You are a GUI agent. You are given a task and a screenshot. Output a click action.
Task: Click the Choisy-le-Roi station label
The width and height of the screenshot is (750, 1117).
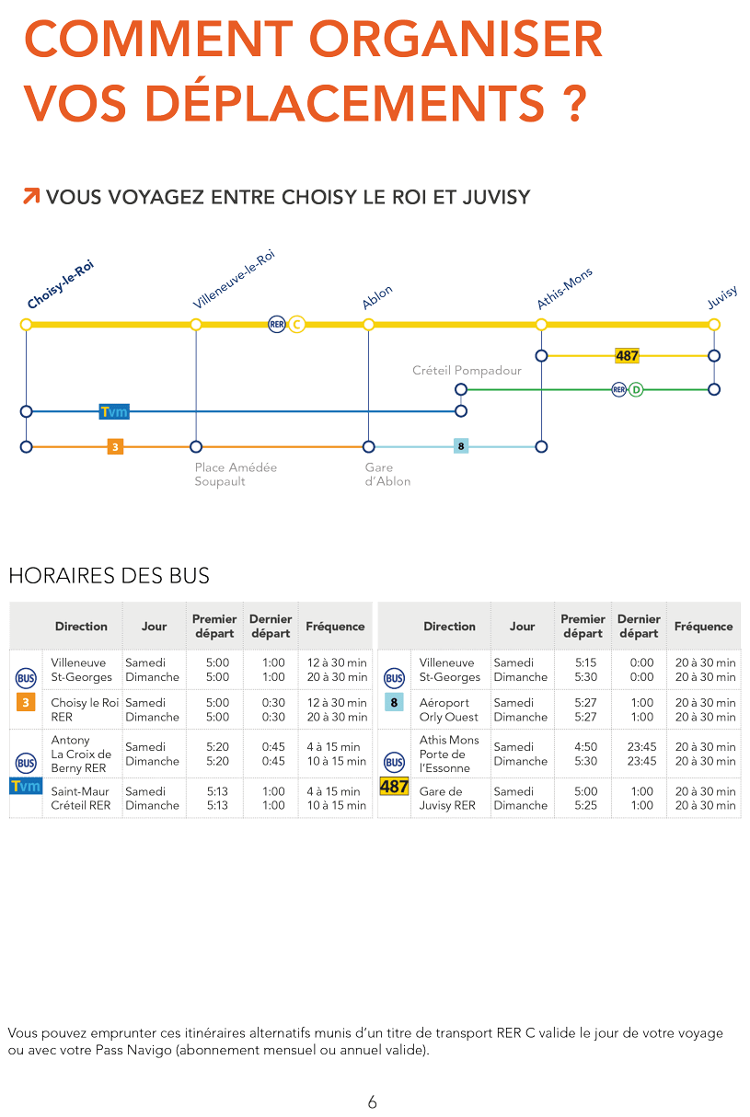click(61, 284)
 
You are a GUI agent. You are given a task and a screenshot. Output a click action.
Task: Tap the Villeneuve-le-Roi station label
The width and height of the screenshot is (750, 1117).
click(234, 280)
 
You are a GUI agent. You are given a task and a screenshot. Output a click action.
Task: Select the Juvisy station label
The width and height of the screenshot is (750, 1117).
click(722, 298)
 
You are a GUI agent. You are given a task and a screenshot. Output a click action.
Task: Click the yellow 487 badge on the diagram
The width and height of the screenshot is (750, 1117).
click(627, 355)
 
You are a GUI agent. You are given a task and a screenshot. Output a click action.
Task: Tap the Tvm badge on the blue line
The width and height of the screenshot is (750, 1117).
click(114, 412)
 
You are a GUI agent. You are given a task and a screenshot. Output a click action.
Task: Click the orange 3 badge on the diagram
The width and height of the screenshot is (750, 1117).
click(115, 447)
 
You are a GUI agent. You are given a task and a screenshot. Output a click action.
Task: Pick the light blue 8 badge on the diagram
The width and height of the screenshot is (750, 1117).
click(461, 446)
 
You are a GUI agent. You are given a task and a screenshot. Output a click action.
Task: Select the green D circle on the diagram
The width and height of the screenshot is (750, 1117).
click(636, 389)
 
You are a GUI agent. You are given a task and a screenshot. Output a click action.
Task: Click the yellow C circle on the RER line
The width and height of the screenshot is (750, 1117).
click(297, 325)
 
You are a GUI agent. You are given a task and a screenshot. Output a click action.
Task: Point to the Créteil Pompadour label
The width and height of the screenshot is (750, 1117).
click(467, 371)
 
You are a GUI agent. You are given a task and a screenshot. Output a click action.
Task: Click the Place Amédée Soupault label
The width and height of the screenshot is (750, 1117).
click(236, 474)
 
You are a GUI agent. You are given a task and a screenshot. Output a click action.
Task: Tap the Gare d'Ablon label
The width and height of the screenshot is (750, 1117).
click(387, 474)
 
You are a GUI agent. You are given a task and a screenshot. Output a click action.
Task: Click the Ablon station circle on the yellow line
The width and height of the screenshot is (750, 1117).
click(368, 325)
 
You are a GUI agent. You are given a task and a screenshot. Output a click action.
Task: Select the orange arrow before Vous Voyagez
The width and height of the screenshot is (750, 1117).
click(31, 196)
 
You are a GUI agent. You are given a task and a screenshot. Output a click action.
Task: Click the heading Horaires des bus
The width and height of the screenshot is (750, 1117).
click(110, 575)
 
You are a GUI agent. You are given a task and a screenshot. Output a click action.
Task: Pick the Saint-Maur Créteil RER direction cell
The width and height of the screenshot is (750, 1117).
click(81, 799)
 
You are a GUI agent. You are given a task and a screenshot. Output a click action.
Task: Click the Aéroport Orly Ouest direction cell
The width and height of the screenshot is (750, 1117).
click(449, 709)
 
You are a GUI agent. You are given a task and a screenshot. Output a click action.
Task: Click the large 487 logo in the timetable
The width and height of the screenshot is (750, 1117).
click(395, 787)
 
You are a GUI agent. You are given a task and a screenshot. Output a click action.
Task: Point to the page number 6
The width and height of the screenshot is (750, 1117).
click(373, 1101)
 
